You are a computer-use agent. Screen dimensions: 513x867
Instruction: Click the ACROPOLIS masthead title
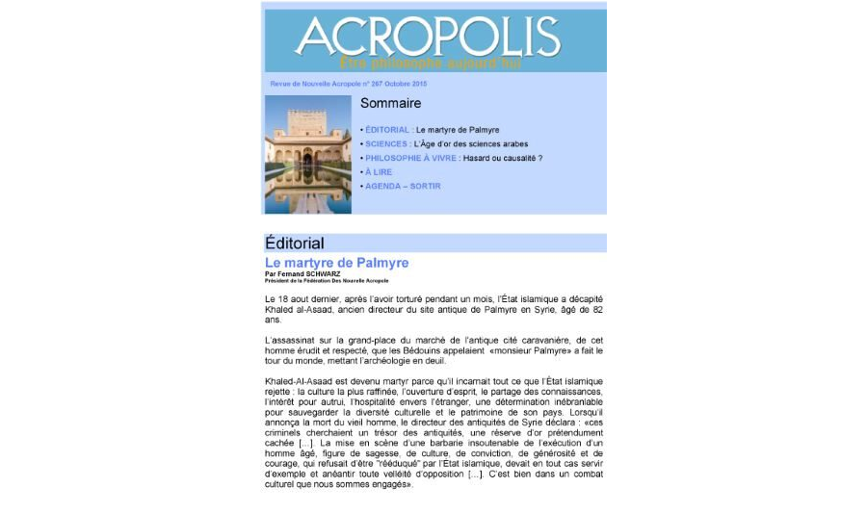(427, 37)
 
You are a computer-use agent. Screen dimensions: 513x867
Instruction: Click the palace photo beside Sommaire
(307, 154)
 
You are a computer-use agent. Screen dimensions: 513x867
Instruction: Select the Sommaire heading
(390, 103)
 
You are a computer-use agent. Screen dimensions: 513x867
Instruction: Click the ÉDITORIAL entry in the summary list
(387, 129)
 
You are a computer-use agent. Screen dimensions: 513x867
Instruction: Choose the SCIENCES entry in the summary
(386, 143)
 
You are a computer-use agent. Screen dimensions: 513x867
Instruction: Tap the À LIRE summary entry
(379, 172)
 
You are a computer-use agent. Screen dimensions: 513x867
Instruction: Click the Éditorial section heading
(295, 244)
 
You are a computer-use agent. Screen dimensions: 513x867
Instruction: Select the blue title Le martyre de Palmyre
(336, 263)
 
